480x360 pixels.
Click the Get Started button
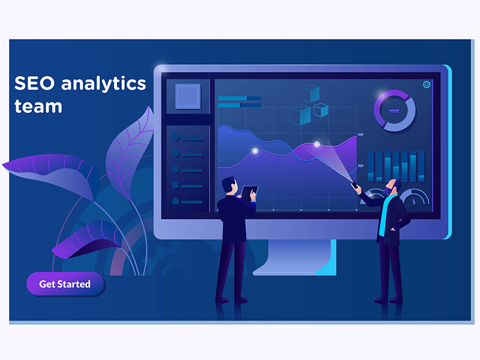(65, 284)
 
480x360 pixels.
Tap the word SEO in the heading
(35, 83)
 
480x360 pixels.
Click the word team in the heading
(38, 107)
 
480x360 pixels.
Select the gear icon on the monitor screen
(427, 85)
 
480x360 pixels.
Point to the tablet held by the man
(249, 193)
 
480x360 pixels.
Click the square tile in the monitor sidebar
(188, 97)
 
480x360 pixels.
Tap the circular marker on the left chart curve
(254, 151)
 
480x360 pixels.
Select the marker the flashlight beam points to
(317, 144)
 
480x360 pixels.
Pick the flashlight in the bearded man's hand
(355, 185)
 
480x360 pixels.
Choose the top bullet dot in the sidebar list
(176, 137)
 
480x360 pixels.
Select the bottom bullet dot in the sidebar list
(176, 201)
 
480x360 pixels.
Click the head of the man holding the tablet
(230, 185)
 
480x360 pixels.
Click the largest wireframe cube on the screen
(300, 115)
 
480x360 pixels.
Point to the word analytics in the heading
(103, 83)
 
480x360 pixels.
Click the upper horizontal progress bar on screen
(239, 98)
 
